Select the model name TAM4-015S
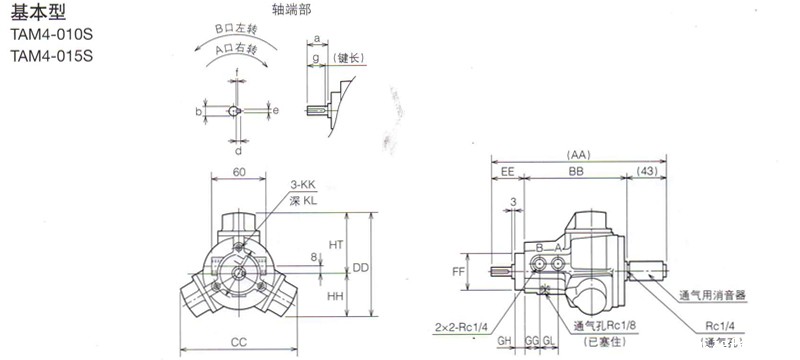[51, 57]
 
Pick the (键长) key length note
[353, 59]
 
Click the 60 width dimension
[239, 172]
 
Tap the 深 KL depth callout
[305, 201]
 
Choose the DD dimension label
[361, 268]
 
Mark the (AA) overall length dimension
[578, 155]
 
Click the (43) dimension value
[648, 172]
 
